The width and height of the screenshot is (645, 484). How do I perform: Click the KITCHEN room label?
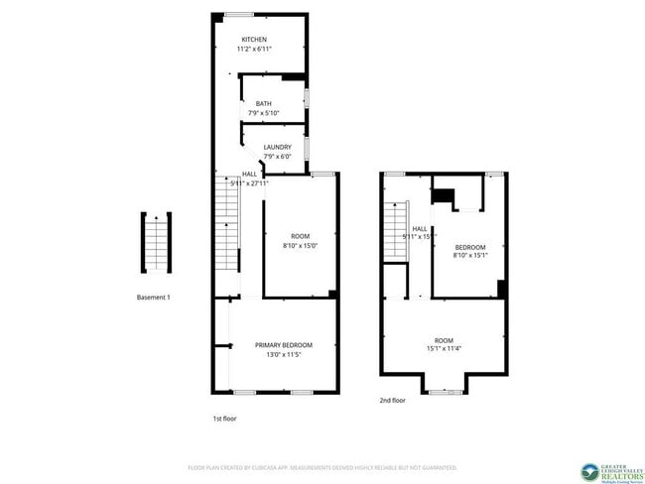click(x=253, y=40)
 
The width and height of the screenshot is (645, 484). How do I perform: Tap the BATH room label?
click(x=263, y=103)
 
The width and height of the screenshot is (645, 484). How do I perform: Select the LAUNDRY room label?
click(x=277, y=147)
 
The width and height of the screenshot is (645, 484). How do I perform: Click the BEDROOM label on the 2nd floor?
click(x=469, y=247)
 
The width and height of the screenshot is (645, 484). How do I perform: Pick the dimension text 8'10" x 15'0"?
click(x=300, y=245)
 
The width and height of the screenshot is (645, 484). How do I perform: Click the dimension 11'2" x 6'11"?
click(x=253, y=50)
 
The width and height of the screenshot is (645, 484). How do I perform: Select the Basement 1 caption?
click(x=154, y=297)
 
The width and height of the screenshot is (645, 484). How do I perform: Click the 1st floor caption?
click(x=224, y=418)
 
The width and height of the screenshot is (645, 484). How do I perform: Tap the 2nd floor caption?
click(x=392, y=401)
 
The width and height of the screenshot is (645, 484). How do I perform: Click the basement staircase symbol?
click(x=155, y=241)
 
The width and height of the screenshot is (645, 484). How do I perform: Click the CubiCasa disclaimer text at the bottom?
click(x=322, y=466)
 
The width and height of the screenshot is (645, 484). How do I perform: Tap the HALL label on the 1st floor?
click(x=249, y=174)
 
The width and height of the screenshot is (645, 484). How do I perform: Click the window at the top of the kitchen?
click(x=237, y=13)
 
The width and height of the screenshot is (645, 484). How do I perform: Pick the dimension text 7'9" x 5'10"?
click(x=263, y=113)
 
